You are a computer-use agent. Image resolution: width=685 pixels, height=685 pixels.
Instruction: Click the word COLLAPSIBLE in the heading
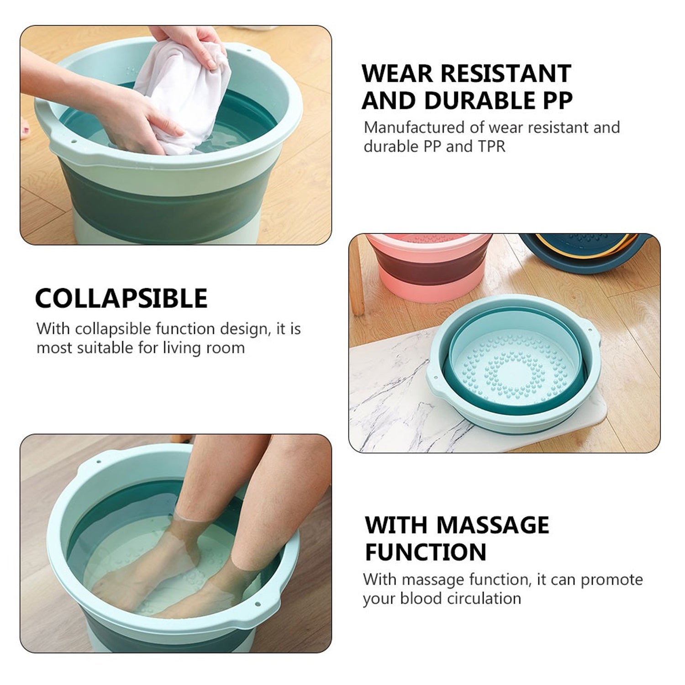(x=121, y=299)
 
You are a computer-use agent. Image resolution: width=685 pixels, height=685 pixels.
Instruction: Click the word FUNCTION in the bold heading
(x=426, y=552)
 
